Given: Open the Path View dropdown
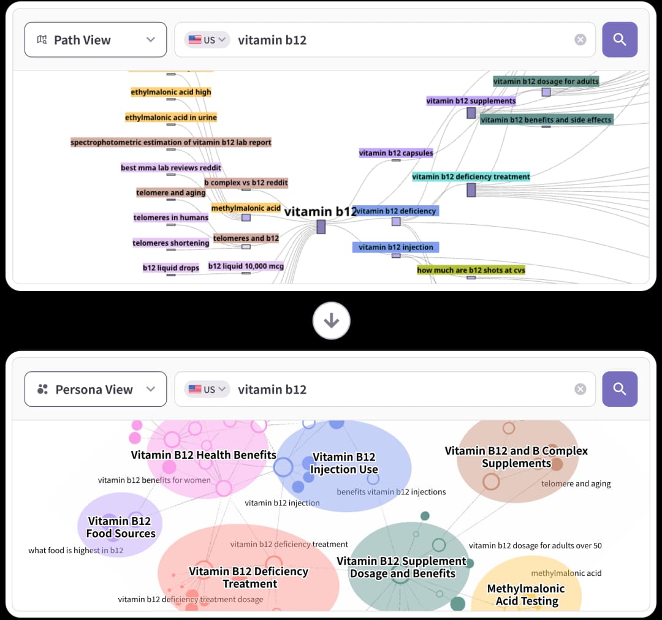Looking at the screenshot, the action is [x=96, y=40].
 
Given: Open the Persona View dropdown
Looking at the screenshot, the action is [x=96, y=389].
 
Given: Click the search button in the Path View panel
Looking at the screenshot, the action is [x=619, y=40].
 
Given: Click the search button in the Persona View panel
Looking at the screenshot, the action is [x=619, y=389].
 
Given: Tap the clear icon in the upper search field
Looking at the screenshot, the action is [x=580, y=40].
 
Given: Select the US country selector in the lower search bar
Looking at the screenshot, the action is [x=207, y=389].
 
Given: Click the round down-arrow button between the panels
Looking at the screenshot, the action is [x=332, y=321].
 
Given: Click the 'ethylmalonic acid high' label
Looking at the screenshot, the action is [x=170, y=92].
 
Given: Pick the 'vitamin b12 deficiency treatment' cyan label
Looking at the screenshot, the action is [x=471, y=176].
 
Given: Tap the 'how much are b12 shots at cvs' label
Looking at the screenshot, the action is [x=471, y=270].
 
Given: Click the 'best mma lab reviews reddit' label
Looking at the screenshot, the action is [x=170, y=167].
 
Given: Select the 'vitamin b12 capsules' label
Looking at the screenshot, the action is [x=395, y=153].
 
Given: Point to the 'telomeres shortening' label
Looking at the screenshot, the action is [x=170, y=243].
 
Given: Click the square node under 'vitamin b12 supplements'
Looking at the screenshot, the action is [x=471, y=113].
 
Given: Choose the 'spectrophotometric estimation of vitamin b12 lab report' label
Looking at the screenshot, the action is [x=170, y=142].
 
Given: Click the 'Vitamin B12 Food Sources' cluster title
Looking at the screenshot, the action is [x=120, y=527].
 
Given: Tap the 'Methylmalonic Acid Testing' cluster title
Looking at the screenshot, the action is [x=527, y=595].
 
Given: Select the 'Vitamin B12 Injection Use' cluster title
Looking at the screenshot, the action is [x=344, y=463].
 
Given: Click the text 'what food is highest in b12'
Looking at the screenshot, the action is [x=76, y=550].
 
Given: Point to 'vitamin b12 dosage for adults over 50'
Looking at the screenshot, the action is [x=535, y=546].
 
